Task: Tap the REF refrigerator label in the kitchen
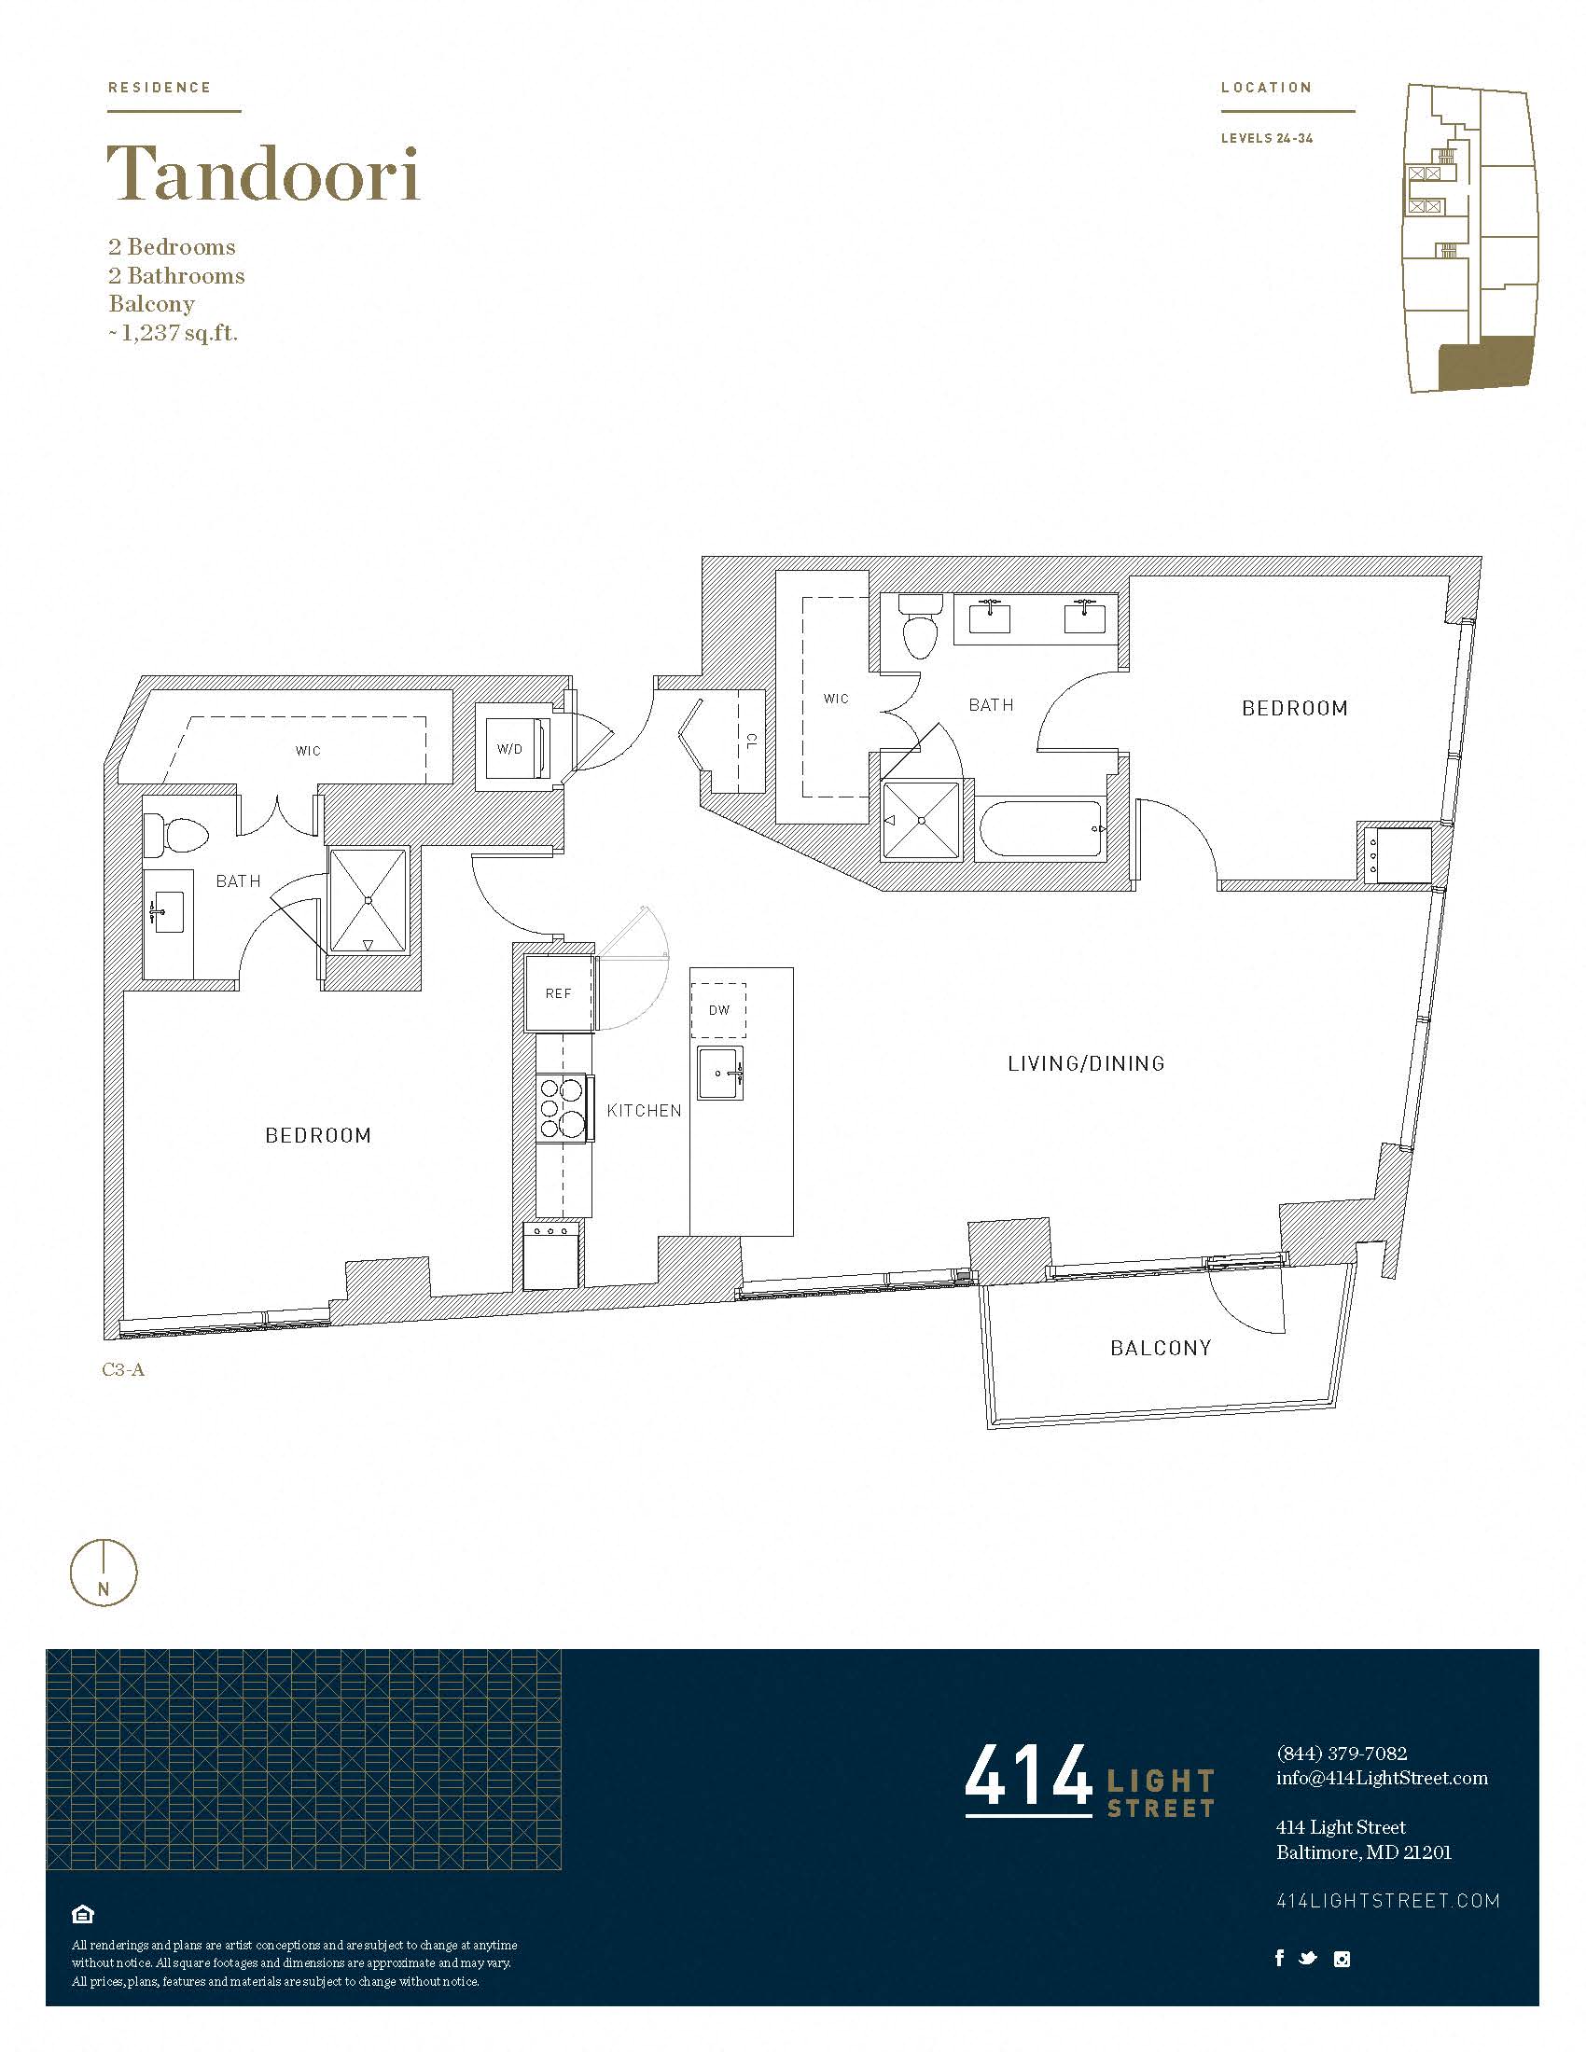(558, 993)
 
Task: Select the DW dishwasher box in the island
(718, 1010)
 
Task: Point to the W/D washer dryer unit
(513, 749)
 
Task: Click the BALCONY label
(1161, 1349)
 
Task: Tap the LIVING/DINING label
(1086, 1063)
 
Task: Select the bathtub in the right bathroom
(1041, 828)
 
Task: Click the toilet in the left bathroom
(176, 836)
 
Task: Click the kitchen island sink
(720, 1072)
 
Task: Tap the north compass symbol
(104, 1573)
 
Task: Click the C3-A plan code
(123, 1370)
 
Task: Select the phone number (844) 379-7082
(1342, 1754)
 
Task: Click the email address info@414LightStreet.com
(1382, 1778)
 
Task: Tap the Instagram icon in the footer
(1342, 1959)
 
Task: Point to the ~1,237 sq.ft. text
(173, 333)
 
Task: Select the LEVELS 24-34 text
(1267, 138)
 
